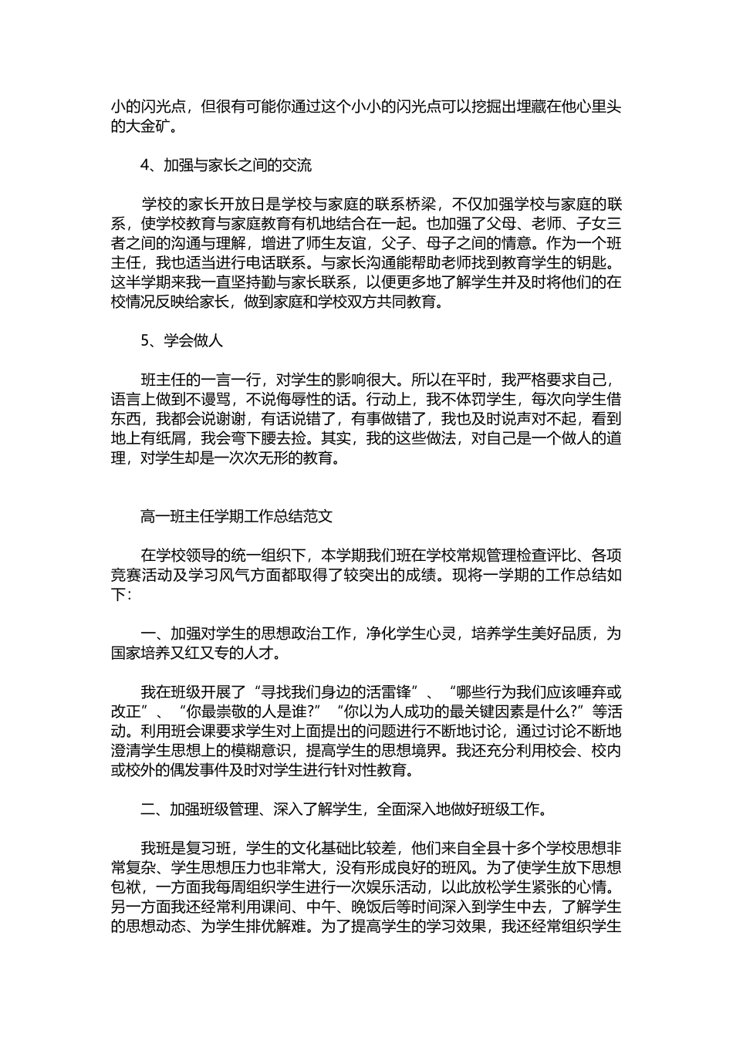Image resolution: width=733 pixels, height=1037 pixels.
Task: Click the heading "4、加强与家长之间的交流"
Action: tap(226, 165)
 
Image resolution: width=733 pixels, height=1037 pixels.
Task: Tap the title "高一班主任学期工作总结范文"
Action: tap(237, 515)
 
